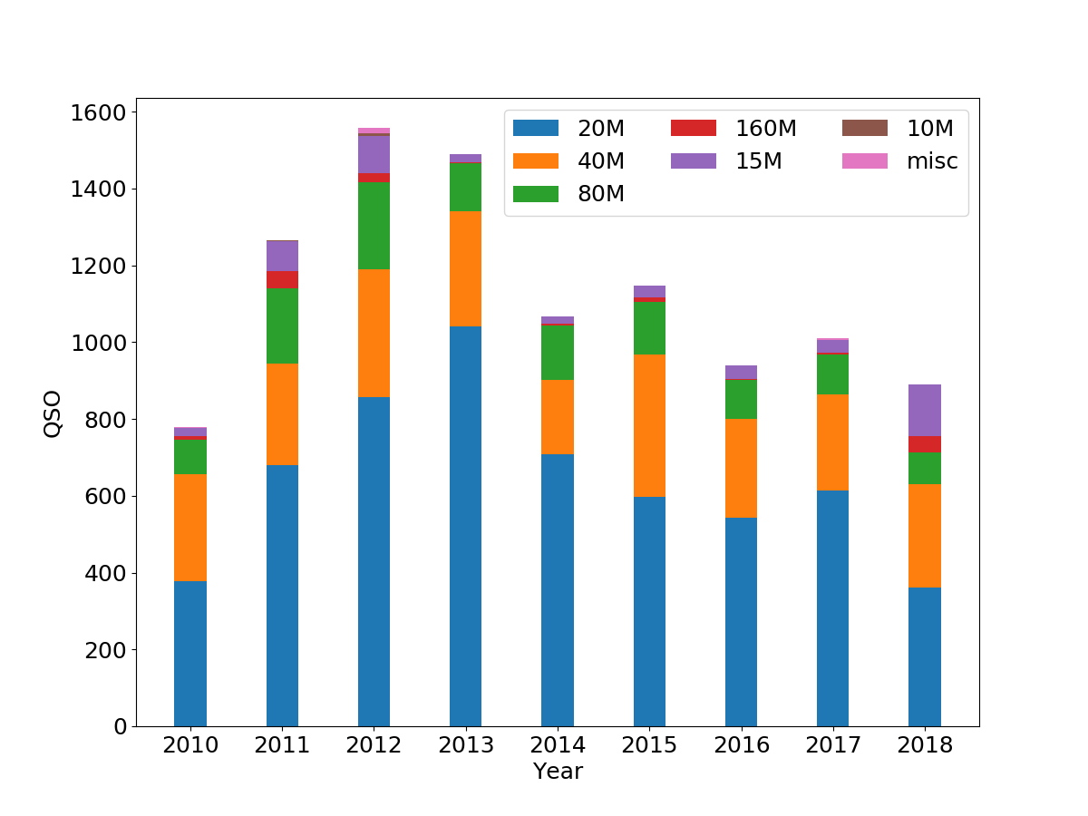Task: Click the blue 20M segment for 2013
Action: click(465, 526)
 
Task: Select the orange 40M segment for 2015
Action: click(649, 426)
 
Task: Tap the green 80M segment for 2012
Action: click(374, 226)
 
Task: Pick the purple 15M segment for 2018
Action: click(924, 410)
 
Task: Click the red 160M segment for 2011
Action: click(282, 279)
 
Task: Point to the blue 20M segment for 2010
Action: click(190, 653)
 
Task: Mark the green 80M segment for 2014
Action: click(557, 353)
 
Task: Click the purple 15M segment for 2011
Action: click(282, 256)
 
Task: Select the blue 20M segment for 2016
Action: click(741, 622)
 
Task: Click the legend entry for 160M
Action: click(733, 129)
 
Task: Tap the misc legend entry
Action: click(899, 161)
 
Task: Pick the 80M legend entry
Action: click(568, 194)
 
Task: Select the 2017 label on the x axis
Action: click(832, 745)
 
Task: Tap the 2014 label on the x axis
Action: click(557, 745)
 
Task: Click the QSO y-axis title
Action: click(53, 413)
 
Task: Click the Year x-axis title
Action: click(558, 772)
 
